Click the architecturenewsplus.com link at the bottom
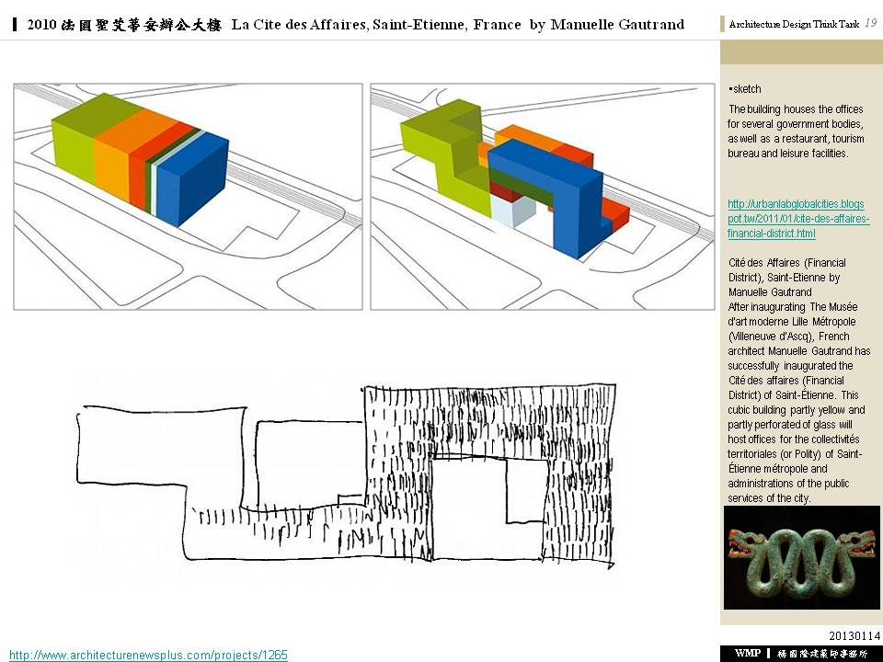coord(149,656)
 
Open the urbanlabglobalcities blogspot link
coord(798,219)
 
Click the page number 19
coord(871,23)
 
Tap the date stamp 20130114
coord(854,635)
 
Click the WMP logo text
coord(748,653)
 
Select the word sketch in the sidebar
coord(747,89)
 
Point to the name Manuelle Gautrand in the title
coord(617,25)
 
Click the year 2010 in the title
coord(41,25)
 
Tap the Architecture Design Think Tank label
coord(794,24)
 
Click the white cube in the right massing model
coord(512,210)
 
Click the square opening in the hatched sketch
coord(488,508)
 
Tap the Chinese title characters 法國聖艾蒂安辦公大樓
coord(142,25)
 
